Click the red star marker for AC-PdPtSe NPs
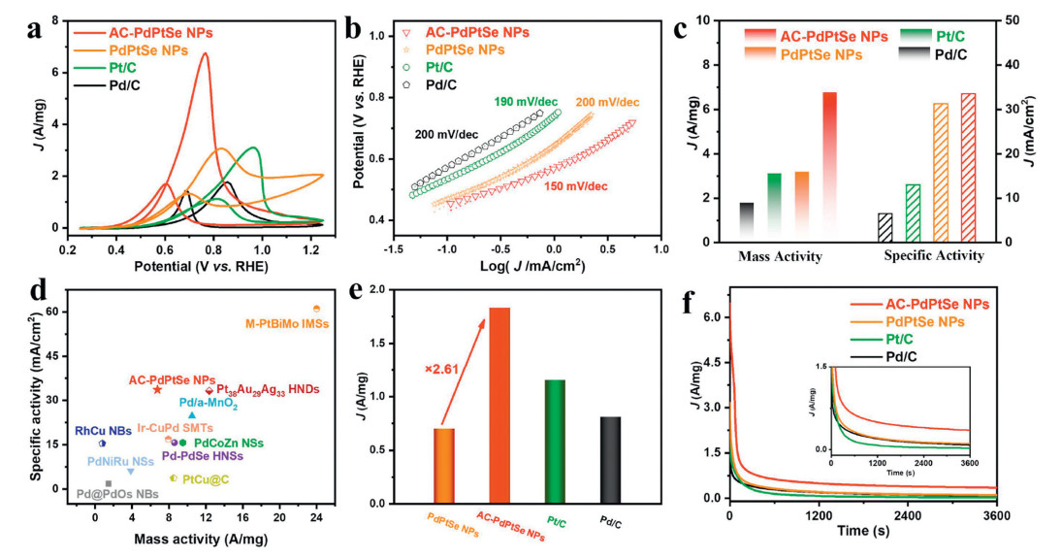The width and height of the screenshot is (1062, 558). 157,389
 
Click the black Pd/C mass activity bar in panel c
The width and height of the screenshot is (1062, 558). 746,222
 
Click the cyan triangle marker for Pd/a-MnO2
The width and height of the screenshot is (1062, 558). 192,415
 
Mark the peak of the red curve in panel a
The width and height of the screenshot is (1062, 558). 206,54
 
